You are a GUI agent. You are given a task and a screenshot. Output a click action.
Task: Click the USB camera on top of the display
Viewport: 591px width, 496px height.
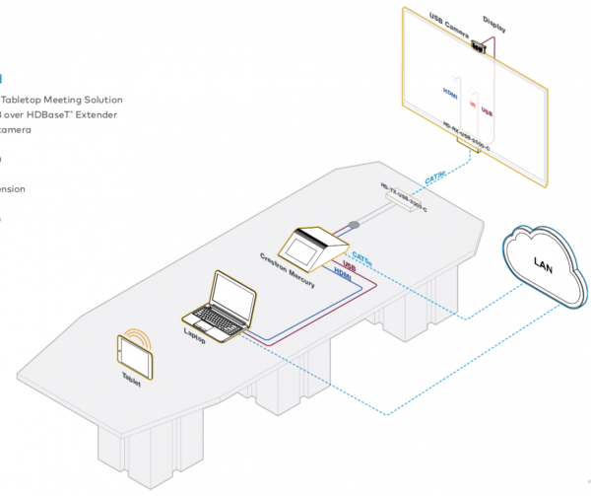(x=480, y=45)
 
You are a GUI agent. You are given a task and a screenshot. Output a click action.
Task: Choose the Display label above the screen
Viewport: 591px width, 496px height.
(x=495, y=19)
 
